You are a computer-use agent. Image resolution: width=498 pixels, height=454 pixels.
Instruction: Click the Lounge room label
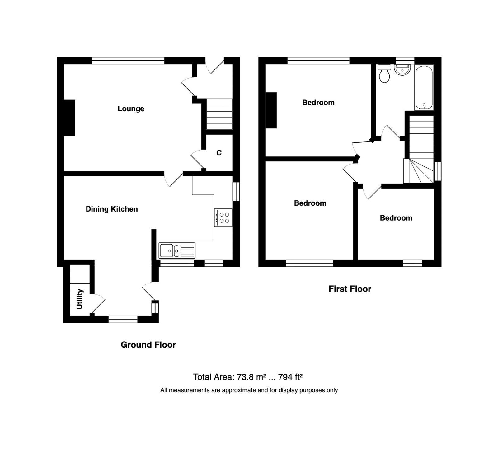pyautogui.click(x=131, y=109)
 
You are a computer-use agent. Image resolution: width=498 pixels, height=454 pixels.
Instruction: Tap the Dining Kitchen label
pyautogui.click(x=111, y=209)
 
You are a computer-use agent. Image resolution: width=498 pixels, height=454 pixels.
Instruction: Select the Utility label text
pyautogui.click(x=80, y=299)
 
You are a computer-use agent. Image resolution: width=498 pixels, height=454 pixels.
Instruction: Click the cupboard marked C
pyautogui.click(x=219, y=153)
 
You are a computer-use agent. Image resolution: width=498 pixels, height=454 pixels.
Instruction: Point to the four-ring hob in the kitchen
pyautogui.click(x=223, y=217)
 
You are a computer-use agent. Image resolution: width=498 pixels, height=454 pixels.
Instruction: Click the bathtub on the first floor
pyautogui.click(x=424, y=87)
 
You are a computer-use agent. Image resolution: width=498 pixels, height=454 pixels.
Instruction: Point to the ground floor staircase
pyautogui.click(x=219, y=114)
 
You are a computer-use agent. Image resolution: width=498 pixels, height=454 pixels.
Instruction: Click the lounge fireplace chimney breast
pyautogui.click(x=69, y=117)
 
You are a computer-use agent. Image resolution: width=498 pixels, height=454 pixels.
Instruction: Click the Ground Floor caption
pyautogui.click(x=148, y=345)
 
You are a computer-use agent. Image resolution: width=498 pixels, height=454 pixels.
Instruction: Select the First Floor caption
pyautogui.click(x=350, y=289)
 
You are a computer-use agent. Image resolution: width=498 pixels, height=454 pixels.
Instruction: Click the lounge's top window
pyautogui.click(x=128, y=60)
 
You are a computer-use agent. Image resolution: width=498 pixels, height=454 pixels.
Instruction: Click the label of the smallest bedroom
pyautogui.click(x=396, y=218)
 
